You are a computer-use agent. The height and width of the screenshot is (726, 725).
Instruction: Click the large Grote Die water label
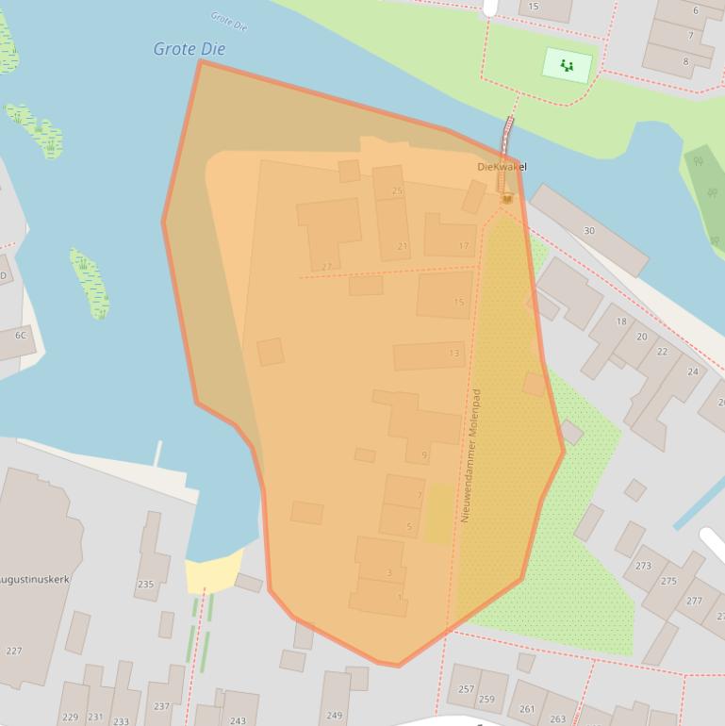click(x=189, y=49)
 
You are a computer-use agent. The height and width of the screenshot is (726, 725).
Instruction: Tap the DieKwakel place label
click(x=502, y=167)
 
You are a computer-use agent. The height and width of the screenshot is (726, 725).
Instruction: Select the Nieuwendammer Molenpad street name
click(x=470, y=455)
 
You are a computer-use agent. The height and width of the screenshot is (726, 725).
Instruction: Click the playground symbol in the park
click(x=567, y=65)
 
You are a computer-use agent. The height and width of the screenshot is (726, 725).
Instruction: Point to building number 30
click(x=589, y=230)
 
